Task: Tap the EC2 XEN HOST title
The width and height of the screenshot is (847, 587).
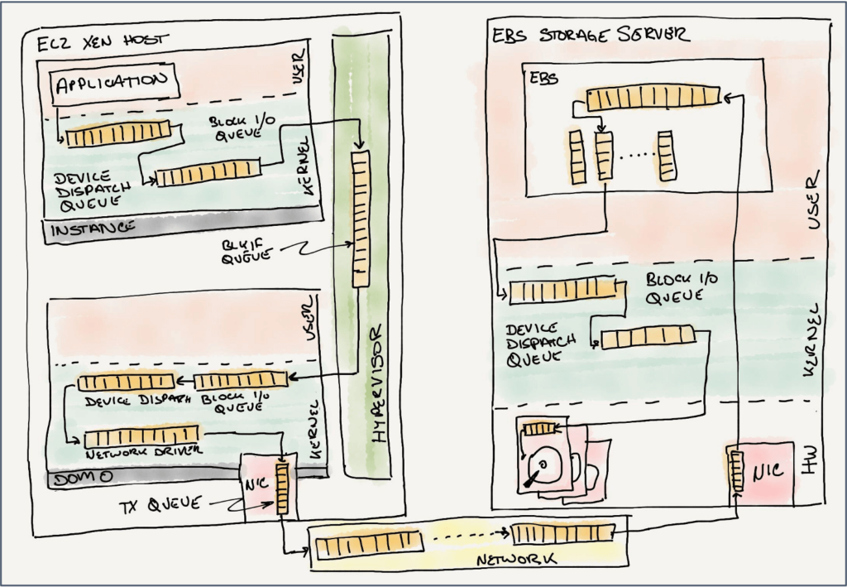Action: pyautogui.click(x=103, y=39)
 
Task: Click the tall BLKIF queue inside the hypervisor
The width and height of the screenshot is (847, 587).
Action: pyautogui.click(x=360, y=219)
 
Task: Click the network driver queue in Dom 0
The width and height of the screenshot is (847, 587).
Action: pyautogui.click(x=141, y=436)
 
